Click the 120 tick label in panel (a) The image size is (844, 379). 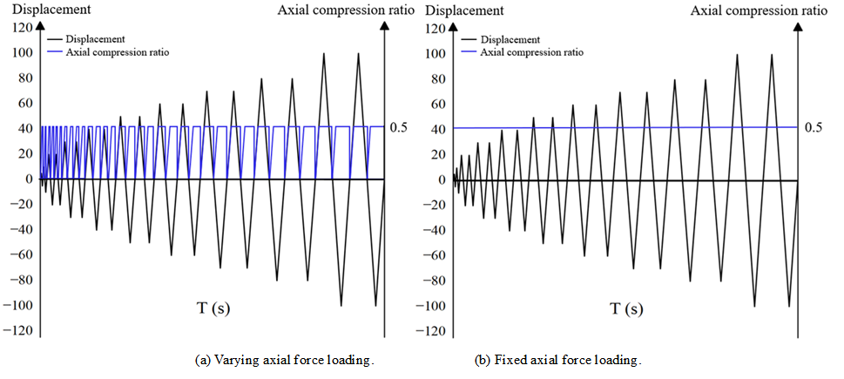pos(18,27)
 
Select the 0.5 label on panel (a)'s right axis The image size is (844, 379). pos(399,128)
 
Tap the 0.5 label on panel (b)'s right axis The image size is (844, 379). pos(814,128)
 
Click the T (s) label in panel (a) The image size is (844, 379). pos(213,308)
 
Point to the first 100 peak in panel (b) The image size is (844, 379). pos(737,54)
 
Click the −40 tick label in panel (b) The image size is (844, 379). pos(430,230)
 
